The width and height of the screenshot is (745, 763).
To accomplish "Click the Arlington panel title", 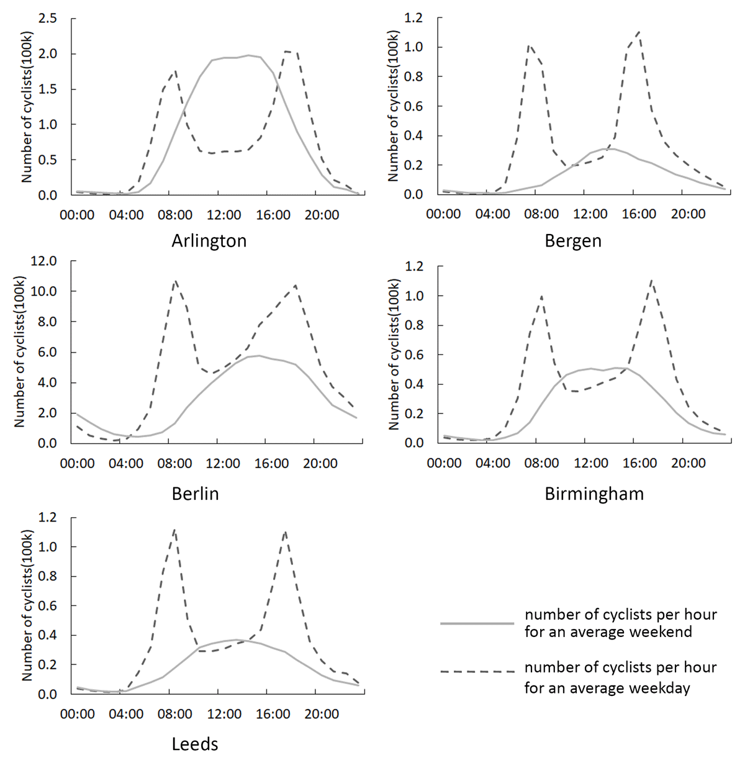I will (209, 241).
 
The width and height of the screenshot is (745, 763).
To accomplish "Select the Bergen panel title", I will (573, 241).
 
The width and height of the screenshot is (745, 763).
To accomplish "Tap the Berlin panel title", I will (195, 494).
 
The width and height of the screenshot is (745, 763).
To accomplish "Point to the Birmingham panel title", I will (594, 494).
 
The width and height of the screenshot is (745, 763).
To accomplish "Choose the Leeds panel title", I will (195, 744).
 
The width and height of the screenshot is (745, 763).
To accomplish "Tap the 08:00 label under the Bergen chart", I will (541, 215).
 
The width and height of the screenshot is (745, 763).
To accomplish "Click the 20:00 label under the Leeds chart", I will (322, 715).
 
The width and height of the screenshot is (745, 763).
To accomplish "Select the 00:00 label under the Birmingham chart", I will (445, 463).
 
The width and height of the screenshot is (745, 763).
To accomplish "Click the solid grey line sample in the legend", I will (477, 623).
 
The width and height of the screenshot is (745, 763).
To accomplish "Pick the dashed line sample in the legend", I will (477, 672).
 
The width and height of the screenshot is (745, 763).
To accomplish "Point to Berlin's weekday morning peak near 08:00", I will (176, 281).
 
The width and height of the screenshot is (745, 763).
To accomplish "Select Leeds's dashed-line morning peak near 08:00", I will (174, 530).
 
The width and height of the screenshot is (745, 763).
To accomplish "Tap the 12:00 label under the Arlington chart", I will (223, 215).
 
